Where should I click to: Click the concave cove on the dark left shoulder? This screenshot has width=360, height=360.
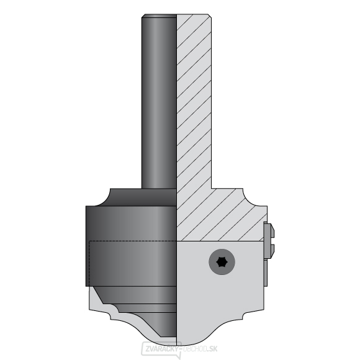pos(105,198)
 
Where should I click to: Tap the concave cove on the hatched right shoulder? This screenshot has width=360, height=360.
pos(252,198)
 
